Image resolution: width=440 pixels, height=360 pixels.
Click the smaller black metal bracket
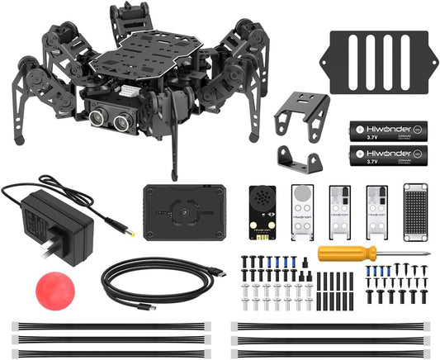[x=298, y=159]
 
